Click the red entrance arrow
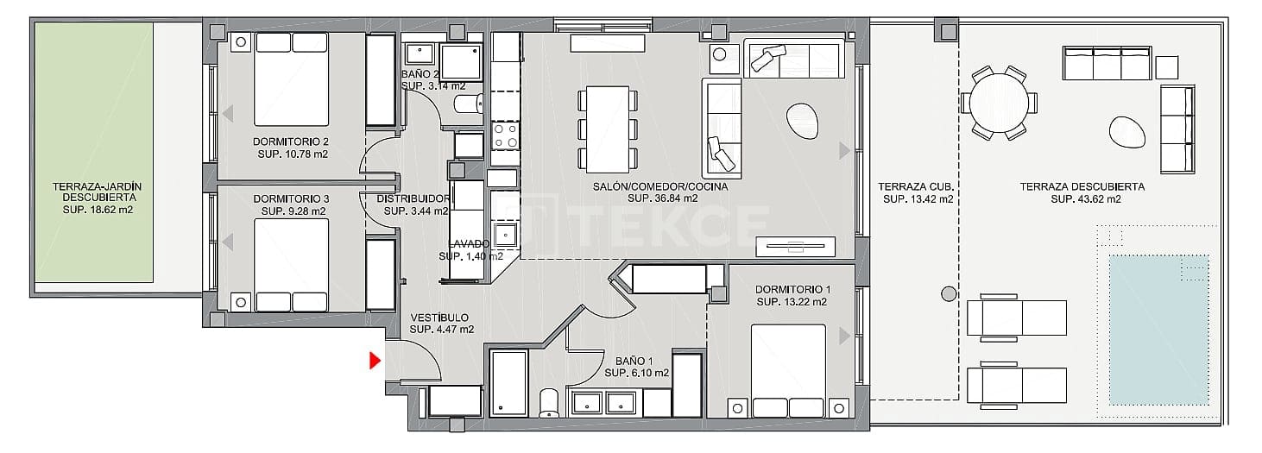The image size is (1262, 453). pos(375,361)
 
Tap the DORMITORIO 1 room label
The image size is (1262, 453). pos(792,289)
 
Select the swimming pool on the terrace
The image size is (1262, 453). pos(1158,329)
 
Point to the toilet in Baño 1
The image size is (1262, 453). pos(549,402)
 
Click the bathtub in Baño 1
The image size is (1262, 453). pos(508,381)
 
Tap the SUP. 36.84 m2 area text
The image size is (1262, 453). pos(659,198)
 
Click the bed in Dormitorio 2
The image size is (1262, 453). pos(293,78)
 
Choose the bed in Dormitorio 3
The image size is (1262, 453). pos(292,265)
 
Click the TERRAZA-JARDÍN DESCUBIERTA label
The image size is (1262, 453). pos(96,192)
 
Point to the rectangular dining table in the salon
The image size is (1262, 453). pos(609,127)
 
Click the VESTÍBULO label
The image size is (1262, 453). pos(439,317)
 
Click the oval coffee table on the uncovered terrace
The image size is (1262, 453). pos(1127,131)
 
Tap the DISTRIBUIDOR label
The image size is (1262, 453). pos(413,198)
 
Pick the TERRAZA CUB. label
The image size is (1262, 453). pos(915,186)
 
